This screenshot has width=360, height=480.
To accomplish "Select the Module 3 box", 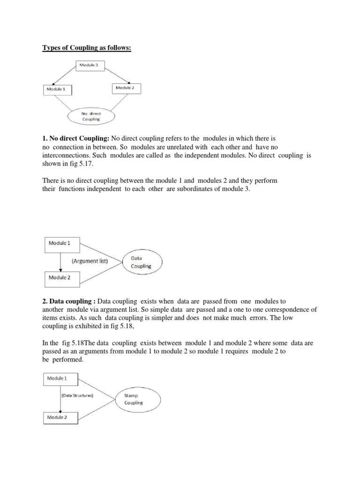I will (90, 66).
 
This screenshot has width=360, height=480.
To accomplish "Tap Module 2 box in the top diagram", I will (125, 88).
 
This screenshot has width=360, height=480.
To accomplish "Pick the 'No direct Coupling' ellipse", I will (91, 116).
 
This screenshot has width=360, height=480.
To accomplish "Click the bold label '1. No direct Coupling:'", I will (75, 138).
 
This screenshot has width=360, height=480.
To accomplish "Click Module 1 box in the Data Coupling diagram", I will (62, 244).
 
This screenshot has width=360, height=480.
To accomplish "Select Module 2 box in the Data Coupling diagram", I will (62, 277).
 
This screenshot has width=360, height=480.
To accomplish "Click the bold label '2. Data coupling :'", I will (69, 301).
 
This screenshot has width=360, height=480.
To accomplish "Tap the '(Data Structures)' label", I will (78, 396).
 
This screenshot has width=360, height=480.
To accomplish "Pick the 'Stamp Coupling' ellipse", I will (134, 399).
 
